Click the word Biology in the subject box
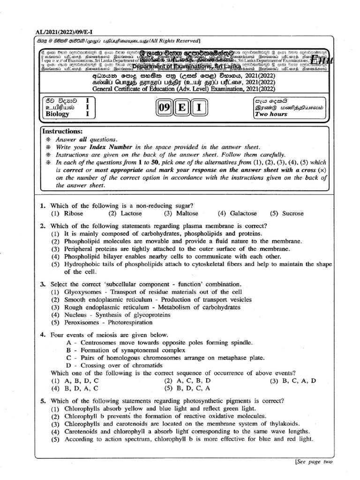coord(57,114)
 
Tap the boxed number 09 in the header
coord(164,108)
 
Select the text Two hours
coord(271,114)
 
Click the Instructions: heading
coord(62,132)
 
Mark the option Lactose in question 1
coord(131,213)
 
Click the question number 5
coord(43,401)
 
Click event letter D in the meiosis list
coord(69,365)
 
